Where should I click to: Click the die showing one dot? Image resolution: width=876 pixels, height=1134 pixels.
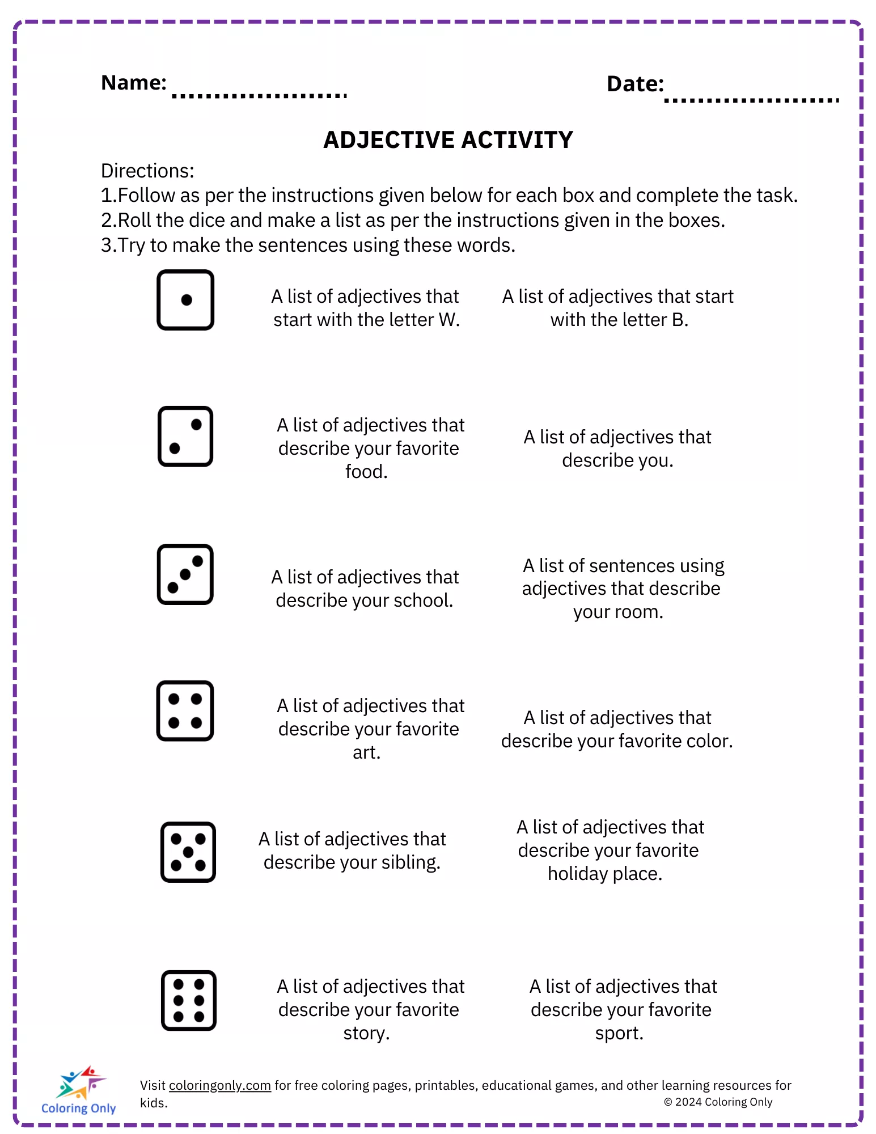pyautogui.click(x=185, y=300)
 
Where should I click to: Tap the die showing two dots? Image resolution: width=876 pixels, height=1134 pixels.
pyautogui.click(x=185, y=437)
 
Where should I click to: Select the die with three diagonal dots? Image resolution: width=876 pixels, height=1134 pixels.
pyautogui.click(x=185, y=574)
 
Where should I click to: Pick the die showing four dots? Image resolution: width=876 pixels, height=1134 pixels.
pyautogui.click(x=185, y=711)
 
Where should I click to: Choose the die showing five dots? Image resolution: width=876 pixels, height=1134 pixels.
pyautogui.click(x=188, y=852)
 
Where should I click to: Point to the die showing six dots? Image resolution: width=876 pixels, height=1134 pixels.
pyautogui.click(x=189, y=1001)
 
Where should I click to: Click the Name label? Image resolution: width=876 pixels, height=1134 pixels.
pyautogui.click(x=134, y=83)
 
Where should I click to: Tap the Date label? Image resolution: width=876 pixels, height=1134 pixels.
pyautogui.click(x=635, y=84)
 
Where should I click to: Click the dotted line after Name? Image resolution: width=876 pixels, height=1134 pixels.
pyautogui.click(x=260, y=96)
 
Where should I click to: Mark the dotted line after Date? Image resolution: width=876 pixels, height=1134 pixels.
pyautogui.click(x=751, y=101)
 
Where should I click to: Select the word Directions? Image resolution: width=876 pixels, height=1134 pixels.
pyautogui.click(x=147, y=171)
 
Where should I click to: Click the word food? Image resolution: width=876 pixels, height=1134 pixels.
pyautogui.click(x=366, y=472)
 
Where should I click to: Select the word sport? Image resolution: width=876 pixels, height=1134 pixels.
pyautogui.click(x=619, y=1033)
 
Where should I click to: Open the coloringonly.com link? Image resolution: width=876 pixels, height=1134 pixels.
pyautogui.click(x=220, y=1085)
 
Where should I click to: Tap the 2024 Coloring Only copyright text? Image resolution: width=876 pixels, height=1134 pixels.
pyautogui.click(x=718, y=1102)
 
